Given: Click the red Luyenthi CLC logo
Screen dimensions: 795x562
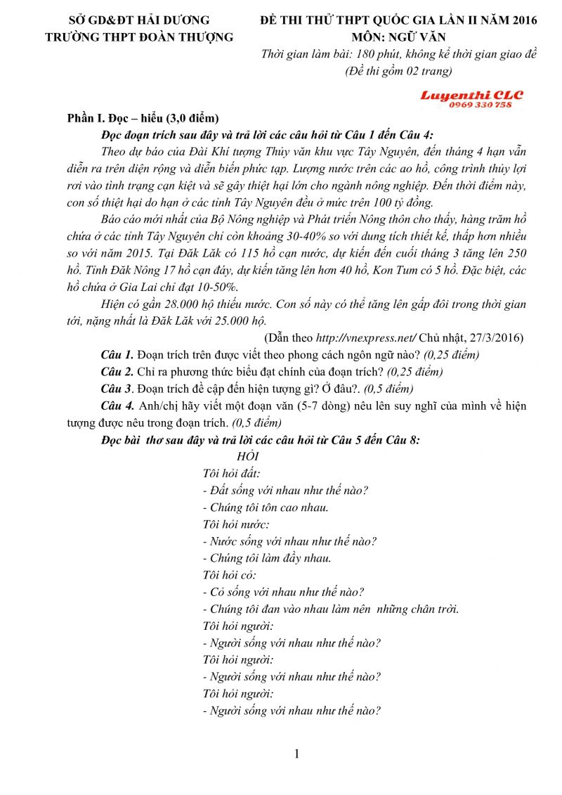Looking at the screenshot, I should point(471,94).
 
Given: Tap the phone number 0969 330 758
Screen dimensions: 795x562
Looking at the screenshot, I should point(480,105).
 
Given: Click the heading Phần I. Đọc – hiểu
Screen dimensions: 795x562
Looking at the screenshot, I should point(143,117).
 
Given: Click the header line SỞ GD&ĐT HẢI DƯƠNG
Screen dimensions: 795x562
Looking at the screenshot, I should point(138,20).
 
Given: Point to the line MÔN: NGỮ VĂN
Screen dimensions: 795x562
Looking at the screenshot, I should point(398,37).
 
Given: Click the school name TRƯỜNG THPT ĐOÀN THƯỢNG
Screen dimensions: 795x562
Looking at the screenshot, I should point(138,37).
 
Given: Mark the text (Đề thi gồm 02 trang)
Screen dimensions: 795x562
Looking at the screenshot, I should point(398,70).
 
